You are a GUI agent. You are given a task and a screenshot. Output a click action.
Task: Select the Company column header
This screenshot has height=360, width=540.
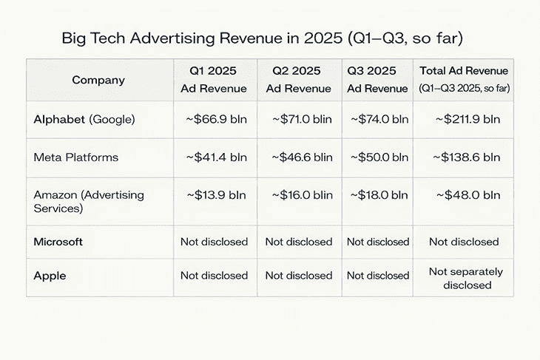[98, 80]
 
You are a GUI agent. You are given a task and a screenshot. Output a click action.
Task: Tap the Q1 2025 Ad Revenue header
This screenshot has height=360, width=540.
[215, 80]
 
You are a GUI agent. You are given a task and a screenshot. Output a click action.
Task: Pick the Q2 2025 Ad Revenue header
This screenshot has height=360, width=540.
[298, 80]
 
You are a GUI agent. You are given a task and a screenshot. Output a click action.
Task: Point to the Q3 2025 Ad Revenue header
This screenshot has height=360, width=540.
[377, 80]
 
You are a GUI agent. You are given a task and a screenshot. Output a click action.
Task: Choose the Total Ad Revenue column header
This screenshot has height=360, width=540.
[464, 79]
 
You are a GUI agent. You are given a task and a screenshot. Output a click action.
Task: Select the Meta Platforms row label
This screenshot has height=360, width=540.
[76, 157]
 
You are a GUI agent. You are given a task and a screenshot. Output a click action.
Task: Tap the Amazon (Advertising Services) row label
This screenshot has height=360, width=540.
[89, 202]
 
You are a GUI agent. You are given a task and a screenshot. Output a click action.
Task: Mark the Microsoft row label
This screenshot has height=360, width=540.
[58, 242]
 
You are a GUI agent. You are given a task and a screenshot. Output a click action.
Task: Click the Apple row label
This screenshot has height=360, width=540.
[50, 276]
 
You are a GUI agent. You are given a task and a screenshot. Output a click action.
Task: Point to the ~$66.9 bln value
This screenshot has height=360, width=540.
[215, 119]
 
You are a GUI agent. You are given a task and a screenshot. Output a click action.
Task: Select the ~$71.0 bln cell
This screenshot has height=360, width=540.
[299, 119]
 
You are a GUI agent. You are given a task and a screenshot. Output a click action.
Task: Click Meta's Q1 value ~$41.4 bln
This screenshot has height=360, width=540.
[215, 157]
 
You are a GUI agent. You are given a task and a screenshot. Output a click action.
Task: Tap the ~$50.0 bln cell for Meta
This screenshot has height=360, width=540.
[377, 157]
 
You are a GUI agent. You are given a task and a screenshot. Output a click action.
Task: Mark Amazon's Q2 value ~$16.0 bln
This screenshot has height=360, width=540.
[299, 195]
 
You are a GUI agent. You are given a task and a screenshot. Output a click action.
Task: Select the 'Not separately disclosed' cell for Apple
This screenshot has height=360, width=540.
[465, 278]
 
